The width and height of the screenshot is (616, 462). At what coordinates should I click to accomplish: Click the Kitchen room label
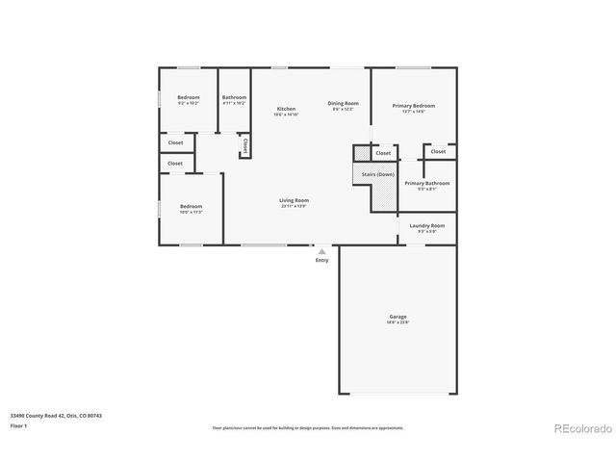[287, 110]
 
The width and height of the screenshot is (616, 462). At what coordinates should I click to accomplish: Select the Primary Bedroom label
[414, 107]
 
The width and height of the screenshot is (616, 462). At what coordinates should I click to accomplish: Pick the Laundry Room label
[426, 227]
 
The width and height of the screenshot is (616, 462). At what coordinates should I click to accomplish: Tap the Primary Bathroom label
[426, 184]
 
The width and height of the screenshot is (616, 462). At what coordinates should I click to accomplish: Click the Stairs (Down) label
[378, 174]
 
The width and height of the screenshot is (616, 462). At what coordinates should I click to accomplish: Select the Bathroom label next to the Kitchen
[234, 98]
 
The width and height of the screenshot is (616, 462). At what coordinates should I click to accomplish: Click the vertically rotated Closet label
[245, 146]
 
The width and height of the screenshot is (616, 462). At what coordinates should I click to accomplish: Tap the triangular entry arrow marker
[321, 251]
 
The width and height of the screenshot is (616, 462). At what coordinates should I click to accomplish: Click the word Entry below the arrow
[321, 260]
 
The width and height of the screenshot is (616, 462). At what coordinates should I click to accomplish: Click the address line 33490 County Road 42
[56, 416]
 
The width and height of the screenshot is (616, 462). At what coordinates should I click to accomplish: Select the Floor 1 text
[19, 425]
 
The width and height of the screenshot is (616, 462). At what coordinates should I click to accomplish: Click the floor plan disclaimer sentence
[308, 427]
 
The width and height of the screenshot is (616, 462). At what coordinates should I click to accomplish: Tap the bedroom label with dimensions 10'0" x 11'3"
[191, 208]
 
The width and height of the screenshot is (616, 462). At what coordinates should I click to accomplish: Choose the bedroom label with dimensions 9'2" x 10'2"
[188, 98]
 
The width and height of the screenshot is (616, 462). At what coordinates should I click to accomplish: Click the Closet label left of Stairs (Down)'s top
[383, 153]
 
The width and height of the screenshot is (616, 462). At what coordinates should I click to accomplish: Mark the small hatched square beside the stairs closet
[361, 153]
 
